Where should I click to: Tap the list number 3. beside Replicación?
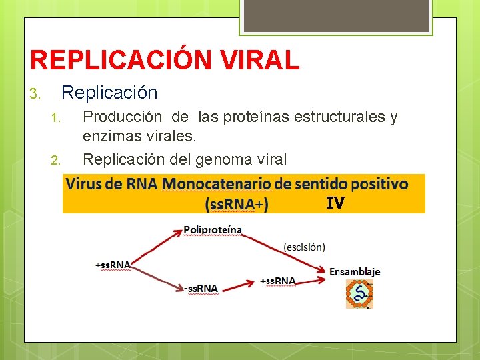pyautogui.click(x=36, y=93)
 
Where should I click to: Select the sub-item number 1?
pyautogui.click(x=56, y=119)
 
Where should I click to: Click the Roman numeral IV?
pyautogui.click(x=335, y=203)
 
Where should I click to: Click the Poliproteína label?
pyautogui.click(x=212, y=230)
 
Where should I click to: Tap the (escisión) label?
pyautogui.click(x=305, y=247)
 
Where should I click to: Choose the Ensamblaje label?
pyautogui.click(x=355, y=271)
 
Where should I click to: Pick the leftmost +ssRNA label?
pyautogui.click(x=113, y=264)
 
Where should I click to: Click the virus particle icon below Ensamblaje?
pyautogui.click(x=359, y=294)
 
